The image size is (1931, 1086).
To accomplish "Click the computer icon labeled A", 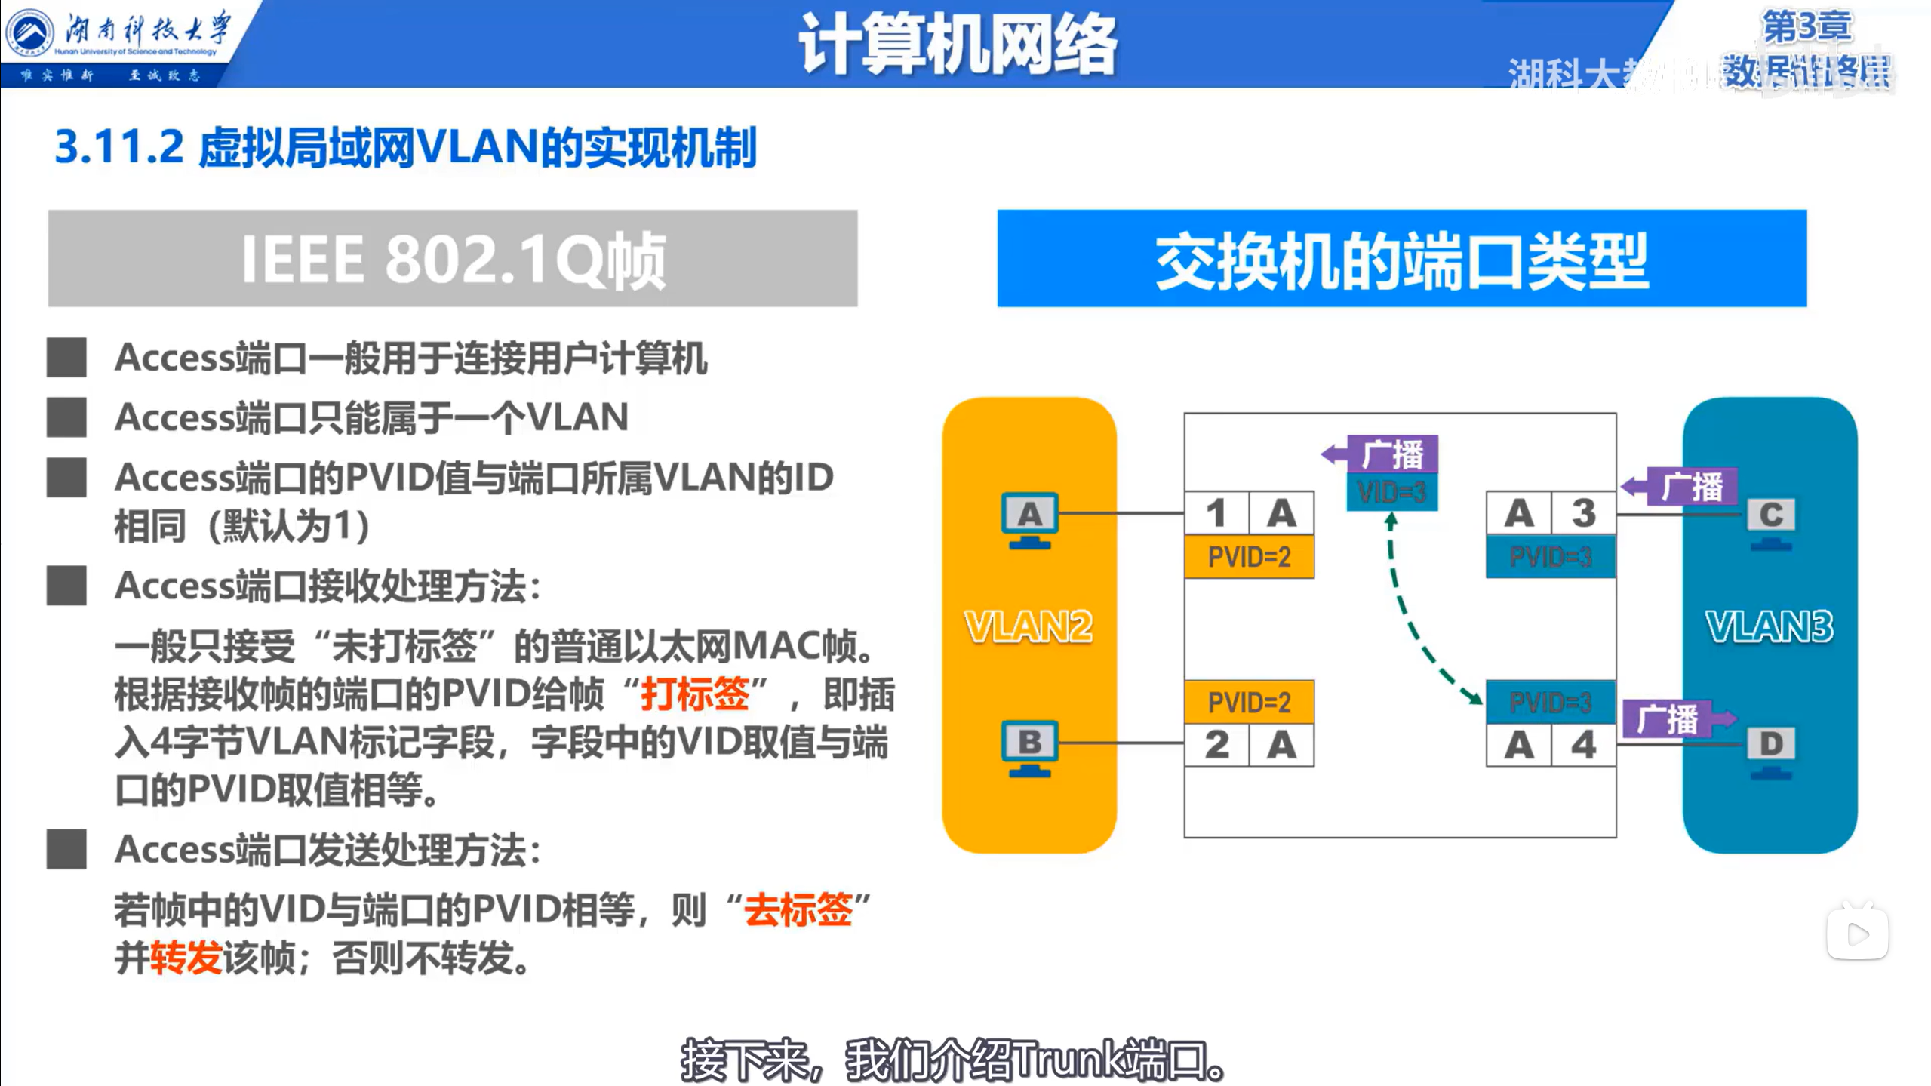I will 1029,520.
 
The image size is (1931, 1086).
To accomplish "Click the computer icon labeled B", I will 1029,748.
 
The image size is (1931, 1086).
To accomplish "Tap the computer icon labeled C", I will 1770,521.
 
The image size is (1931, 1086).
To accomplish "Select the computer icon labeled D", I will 1770,750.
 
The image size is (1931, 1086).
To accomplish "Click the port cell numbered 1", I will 1216,513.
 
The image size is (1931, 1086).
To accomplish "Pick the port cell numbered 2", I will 1216,745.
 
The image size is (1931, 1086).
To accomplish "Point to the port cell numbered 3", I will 1583,513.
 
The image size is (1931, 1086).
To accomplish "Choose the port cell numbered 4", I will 1583,745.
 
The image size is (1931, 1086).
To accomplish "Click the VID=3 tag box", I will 1391,492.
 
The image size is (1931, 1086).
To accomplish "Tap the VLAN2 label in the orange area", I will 1029,626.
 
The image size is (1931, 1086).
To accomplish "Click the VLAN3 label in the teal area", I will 1769,626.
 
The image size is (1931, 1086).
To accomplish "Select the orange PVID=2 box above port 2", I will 1249,702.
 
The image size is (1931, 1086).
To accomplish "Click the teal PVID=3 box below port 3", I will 1550,557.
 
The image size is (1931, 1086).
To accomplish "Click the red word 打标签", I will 694,694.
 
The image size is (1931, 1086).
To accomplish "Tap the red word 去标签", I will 798,909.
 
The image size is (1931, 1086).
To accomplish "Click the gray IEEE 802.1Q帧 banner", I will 453,259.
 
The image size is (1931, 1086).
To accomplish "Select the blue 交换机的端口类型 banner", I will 1401,259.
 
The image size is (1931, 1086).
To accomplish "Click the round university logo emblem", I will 29,33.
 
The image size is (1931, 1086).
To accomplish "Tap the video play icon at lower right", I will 1857,934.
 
